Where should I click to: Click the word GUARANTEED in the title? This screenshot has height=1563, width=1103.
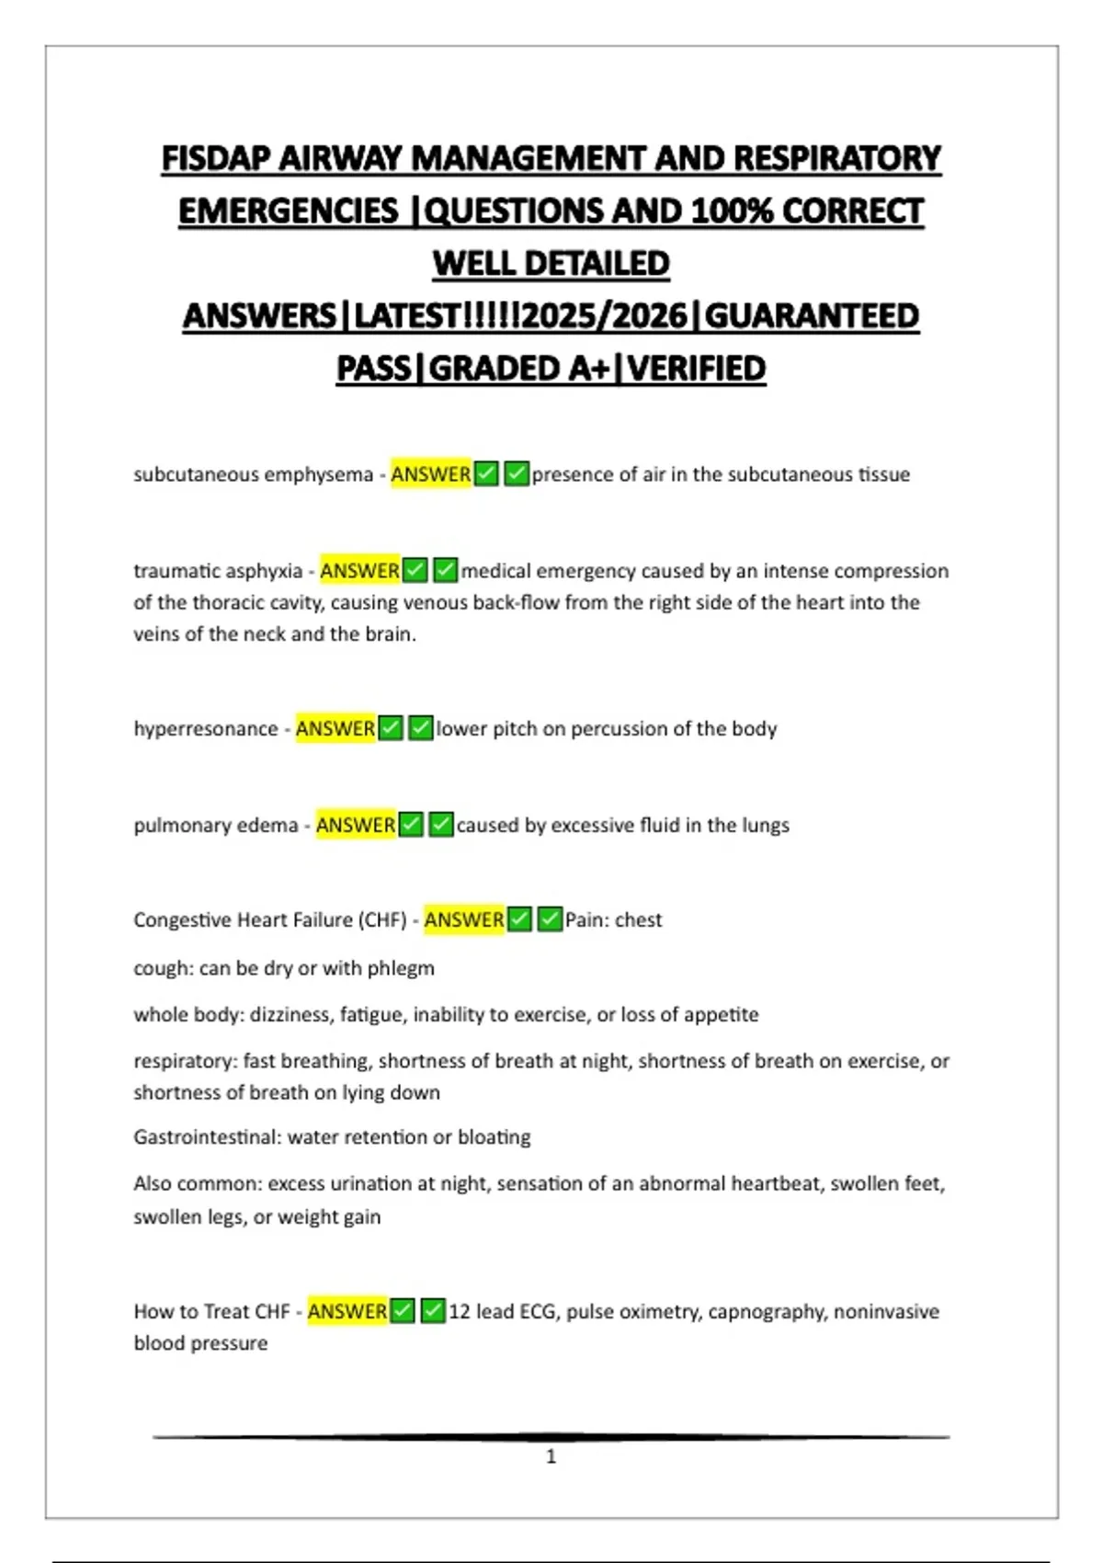[812, 316]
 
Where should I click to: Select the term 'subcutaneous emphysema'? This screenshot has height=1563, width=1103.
[253, 474]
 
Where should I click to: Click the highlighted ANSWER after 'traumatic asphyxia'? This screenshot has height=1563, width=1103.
[359, 571]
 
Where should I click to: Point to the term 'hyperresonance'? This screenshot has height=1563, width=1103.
[205, 729]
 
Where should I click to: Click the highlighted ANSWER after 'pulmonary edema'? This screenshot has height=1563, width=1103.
[355, 826]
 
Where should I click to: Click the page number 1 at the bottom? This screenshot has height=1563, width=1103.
[551, 1456]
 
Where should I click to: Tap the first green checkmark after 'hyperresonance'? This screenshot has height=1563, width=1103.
[391, 729]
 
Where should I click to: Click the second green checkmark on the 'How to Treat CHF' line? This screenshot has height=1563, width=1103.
[433, 1312]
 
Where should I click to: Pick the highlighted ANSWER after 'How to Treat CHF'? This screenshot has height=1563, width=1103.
[347, 1312]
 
